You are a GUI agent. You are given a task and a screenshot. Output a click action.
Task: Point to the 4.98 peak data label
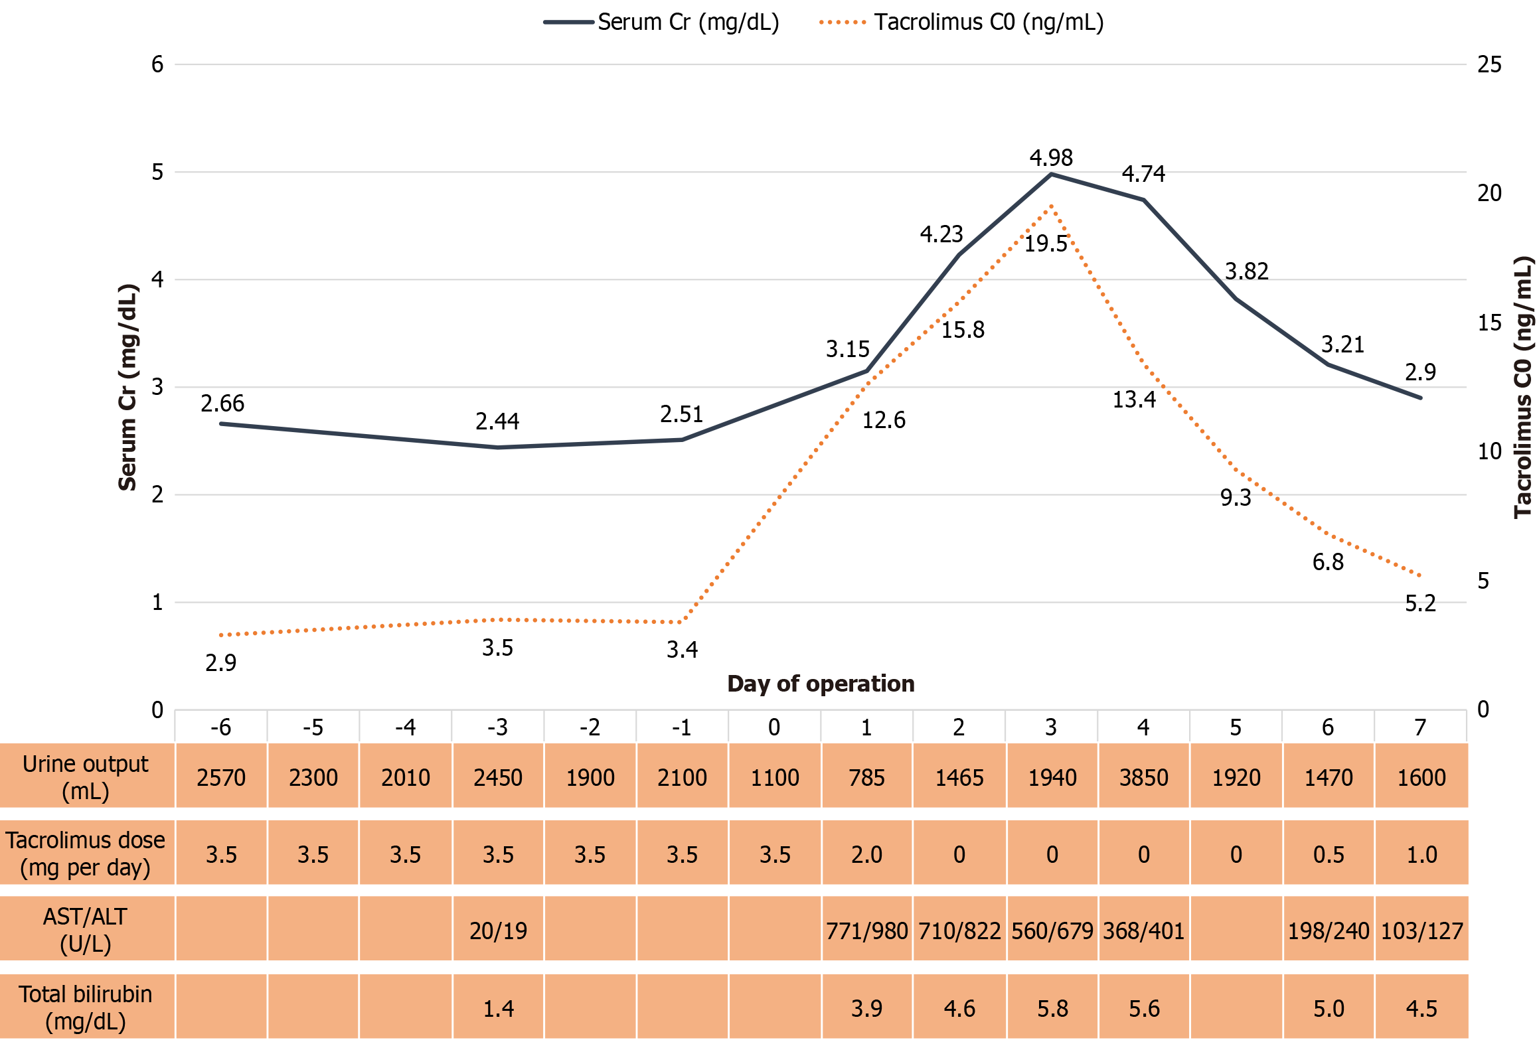click(1050, 158)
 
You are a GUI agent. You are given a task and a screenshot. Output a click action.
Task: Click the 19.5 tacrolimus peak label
click(1045, 244)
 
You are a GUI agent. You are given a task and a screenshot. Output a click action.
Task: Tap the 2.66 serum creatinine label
click(222, 404)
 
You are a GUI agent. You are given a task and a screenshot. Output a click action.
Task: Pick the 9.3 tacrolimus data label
click(1235, 498)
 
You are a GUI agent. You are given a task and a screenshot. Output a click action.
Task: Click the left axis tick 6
click(157, 65)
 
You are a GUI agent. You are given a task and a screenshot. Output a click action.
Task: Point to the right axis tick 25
click(1489, 65)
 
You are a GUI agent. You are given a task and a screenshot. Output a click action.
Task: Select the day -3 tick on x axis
click(497, 728)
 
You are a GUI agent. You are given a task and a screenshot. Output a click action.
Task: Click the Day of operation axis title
click(821, 684)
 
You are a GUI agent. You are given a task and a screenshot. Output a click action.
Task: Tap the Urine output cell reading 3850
click(1143, 777)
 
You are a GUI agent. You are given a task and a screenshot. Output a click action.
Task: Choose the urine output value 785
click(866, 777)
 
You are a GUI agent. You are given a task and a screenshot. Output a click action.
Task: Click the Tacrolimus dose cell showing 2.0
click(866, 855)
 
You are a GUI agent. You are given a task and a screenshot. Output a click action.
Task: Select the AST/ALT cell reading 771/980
click(866, 931)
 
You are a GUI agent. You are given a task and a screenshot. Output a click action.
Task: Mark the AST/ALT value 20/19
click(498, 931)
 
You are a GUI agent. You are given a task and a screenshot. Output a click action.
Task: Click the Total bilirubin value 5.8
click(1052, 1009)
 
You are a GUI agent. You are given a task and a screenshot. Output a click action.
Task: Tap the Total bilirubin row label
click(86, 1008)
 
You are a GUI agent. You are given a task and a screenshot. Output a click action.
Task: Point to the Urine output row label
click(86, 777)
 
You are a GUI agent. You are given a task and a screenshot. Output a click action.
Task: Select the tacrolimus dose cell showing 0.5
click(1329, 855)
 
